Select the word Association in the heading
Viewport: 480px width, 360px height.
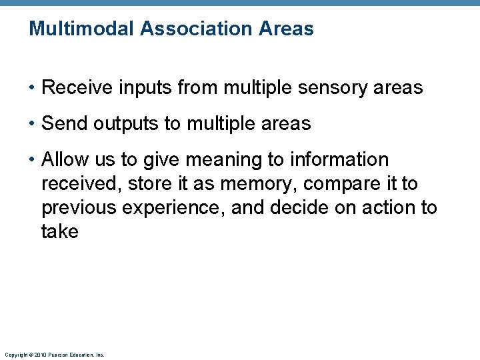pyautogui.click(x=194, y=29)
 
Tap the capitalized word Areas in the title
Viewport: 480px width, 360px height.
pyautogui.click(x=288, y=29)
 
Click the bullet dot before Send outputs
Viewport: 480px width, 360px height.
pyautogui.click(x=33, y=124)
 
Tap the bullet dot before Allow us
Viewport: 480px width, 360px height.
pyautogui.click(x=33, y=160)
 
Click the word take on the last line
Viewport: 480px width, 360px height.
pyautogui.click(x=59, y=232)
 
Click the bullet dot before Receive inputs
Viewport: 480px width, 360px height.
pyautogui.click(x=33, y=88)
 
